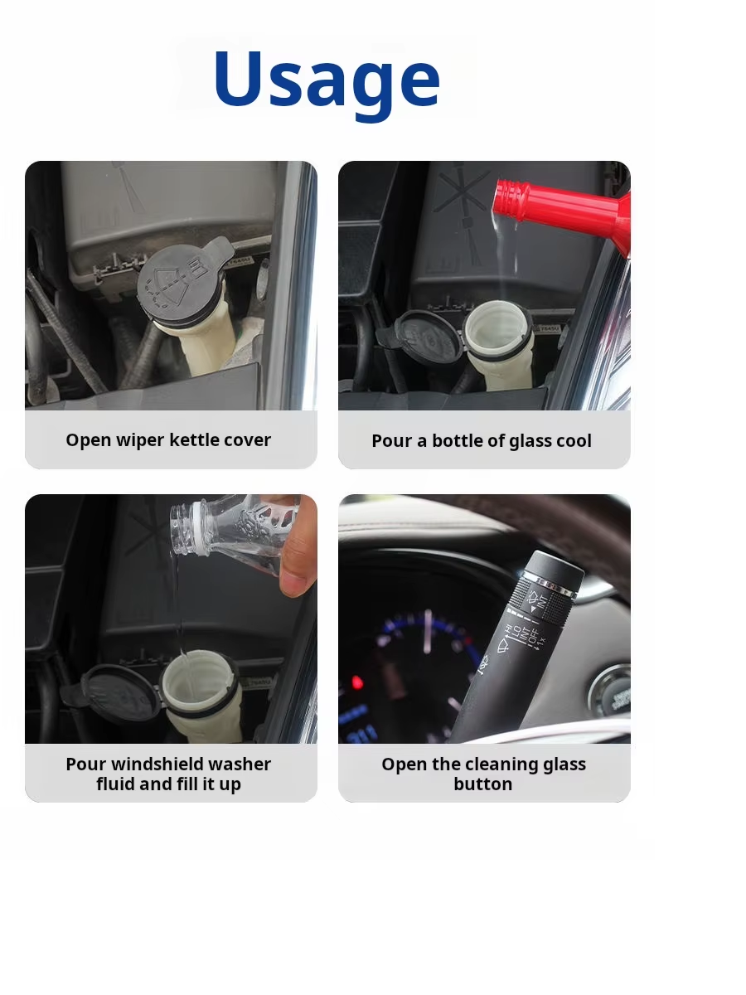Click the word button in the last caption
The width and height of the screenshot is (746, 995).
click(x=483, y=784)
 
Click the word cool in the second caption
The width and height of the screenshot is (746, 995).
click(x=574, y=441)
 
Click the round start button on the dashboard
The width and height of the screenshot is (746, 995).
click(x=612, y=691)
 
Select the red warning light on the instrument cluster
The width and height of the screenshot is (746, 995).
click(x=357, y=682)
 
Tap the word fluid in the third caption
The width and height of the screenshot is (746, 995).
click(x=115, y=784)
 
